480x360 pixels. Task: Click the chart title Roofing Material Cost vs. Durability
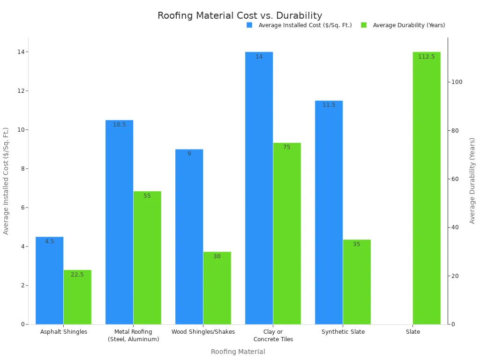tap(240, 16)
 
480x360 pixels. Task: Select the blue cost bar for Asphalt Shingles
tap(49, 281)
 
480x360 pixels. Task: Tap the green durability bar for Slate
tap(427, 187)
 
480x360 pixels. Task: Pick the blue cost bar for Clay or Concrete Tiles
tap(259, 187)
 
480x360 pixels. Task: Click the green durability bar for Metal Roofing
tap(147, 258)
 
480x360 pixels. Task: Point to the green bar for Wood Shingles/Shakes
tap(217, 288)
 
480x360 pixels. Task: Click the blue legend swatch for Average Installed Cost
tap(249, 25)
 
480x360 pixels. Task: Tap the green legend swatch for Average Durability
tap(364, 25)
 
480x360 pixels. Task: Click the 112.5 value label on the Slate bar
tap(427, 57)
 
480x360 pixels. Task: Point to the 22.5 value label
tap(77, 275)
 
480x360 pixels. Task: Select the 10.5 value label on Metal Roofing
tap(120, 125)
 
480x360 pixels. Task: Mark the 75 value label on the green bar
tap(287, 147)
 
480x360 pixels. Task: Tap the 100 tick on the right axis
tap(457, 82)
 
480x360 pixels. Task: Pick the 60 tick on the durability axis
tap(455, 179)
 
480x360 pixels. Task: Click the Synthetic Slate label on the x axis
tap(343, 332)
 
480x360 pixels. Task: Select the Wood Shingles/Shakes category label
tap(203, 332)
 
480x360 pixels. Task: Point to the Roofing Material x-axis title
tap(238, 352)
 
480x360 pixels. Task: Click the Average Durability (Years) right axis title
tap(472, 180)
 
